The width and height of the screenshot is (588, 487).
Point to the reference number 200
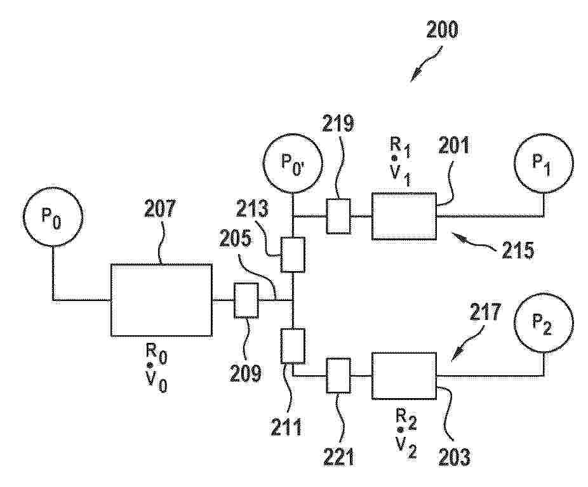442,30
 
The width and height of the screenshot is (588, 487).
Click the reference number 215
518,250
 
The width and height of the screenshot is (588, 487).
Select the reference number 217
485,312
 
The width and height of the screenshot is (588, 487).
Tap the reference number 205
235,239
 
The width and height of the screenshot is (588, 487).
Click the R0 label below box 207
156,353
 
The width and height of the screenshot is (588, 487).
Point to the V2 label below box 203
406,447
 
